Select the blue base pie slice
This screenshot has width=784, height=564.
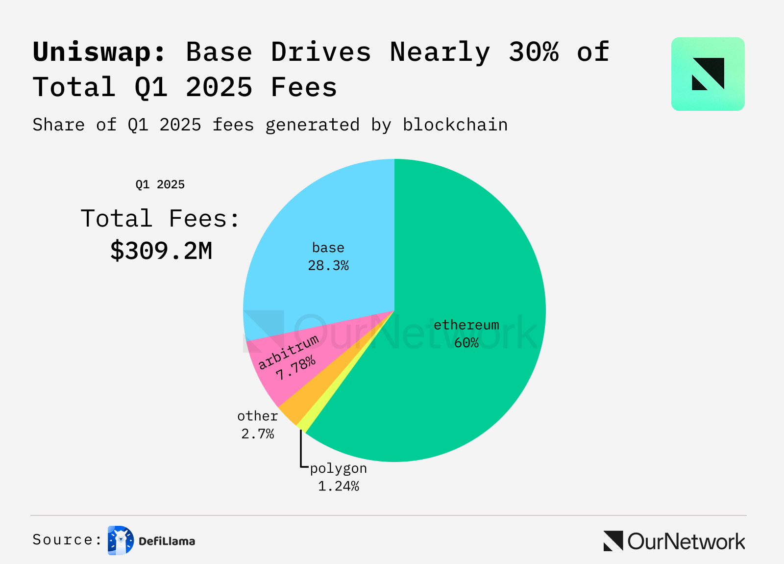coord(318,221)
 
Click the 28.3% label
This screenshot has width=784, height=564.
coord(328,266)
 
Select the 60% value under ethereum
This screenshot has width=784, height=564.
coord(466,343)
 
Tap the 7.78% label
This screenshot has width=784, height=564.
coord(295,368)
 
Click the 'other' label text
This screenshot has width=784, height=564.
coord(257,416)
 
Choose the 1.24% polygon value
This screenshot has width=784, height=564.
coord(339,487)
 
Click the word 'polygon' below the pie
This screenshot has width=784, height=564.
coord(339,469)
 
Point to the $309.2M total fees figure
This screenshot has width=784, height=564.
coord(161,251)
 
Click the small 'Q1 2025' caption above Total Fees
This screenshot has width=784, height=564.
coord(160,184)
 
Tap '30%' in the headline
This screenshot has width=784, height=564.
coord(534,52)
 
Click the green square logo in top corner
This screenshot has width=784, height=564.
coord(708,74)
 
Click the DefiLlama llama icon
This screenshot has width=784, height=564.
coord(121,540)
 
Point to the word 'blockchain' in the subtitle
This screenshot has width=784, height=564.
coord(455,125)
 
